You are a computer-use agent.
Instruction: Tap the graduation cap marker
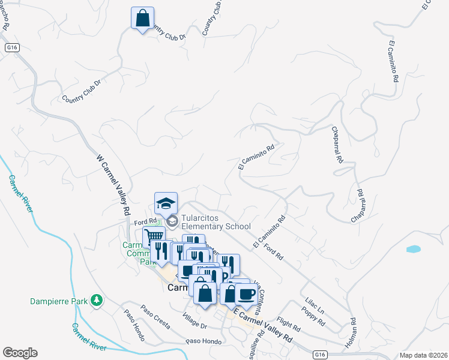click(166, 203)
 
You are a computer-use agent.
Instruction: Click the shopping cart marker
click(154, 238)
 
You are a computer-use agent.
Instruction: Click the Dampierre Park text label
click(59, 301)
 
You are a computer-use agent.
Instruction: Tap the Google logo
click(20, 353)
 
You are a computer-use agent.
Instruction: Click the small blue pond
click(413, 248)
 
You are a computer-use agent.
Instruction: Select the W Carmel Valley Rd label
click(113, 185)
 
